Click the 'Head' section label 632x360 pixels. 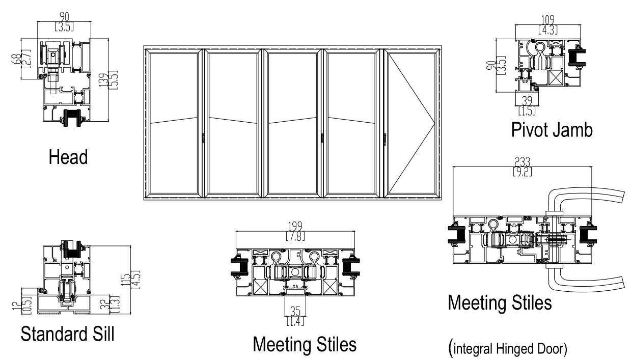tap(68, 157)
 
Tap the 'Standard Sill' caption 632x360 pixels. tap(67, 334)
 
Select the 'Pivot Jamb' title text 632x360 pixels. tap(552, 130)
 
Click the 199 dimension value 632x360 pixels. tap(295, 226)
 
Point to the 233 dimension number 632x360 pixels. tap(522, 162)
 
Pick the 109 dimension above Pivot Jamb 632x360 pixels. tap(547, 20)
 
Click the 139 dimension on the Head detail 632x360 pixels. tap(104, 80)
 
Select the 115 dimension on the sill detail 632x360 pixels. tap(125, 280)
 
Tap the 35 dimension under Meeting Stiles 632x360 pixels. tap(295, 312)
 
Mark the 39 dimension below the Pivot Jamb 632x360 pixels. tap(527, 101)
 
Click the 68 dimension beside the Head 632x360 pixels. tap(17, 59)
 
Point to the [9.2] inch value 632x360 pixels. tap(522, 172)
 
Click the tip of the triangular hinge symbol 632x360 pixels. tap(435, 123)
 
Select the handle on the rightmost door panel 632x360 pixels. tap(385, 140)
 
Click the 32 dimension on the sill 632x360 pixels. tap(105, 304)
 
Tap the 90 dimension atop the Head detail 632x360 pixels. tap(64, 17)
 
